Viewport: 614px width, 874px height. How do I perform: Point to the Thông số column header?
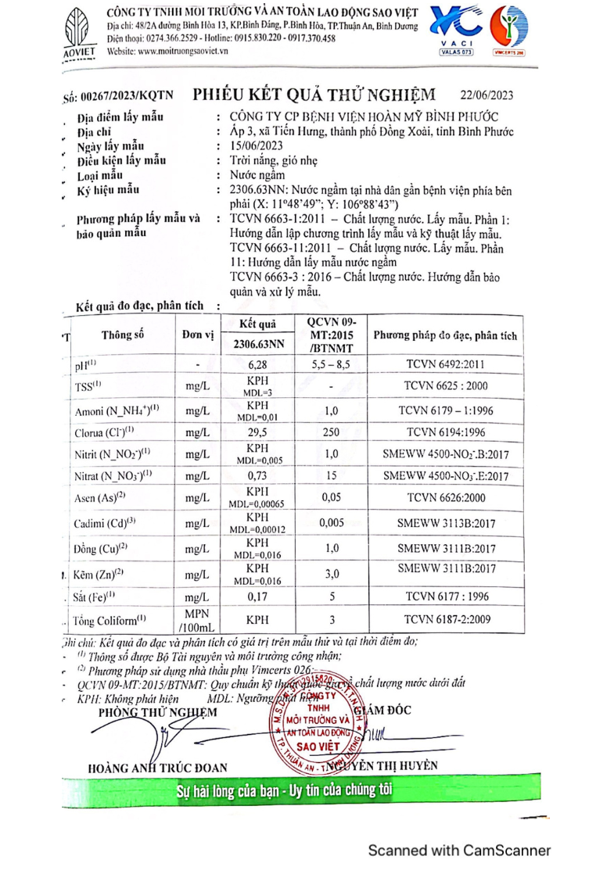124,335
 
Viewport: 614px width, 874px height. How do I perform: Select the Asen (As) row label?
102,497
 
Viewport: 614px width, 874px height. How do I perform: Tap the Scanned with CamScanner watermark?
460,851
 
